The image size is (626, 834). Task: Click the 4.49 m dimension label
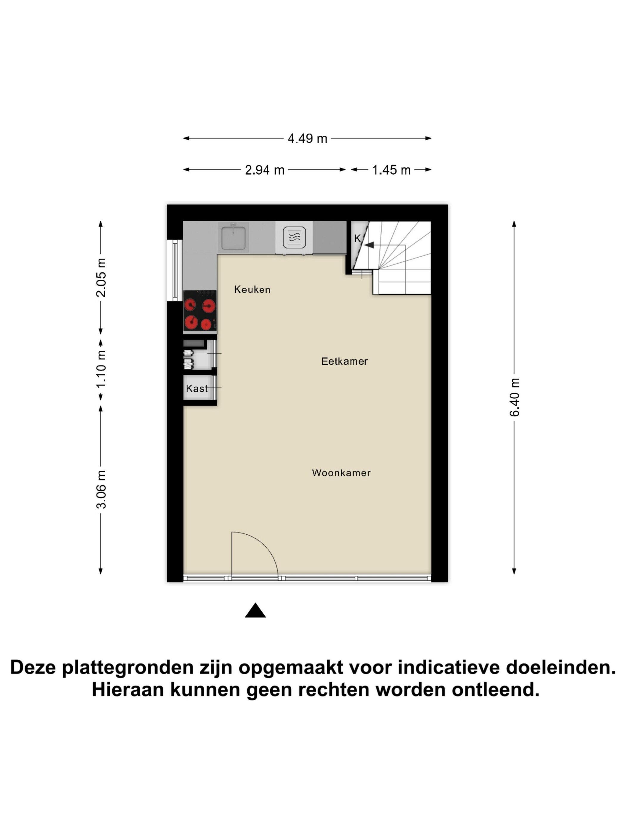pyautogui.click(x=307, y=139)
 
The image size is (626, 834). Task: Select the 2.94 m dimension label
pyautogui.click(x=264, y=170)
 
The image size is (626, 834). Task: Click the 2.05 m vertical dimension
pyautogui.click(x=101, y=278)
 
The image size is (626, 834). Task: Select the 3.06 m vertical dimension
pyautogui.click(x=101, y=489)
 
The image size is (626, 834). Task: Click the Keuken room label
pyautogui.click(x=252, y=290)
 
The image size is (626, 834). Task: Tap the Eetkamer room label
pyautogui.click(x=344, y=361)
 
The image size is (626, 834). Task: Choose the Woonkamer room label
pyautogui.click(x=341, y=473)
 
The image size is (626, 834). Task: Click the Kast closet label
pyautogui.click(x=196, y=388)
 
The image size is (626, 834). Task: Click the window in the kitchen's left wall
pyautogui.click(x=175, y=270)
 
